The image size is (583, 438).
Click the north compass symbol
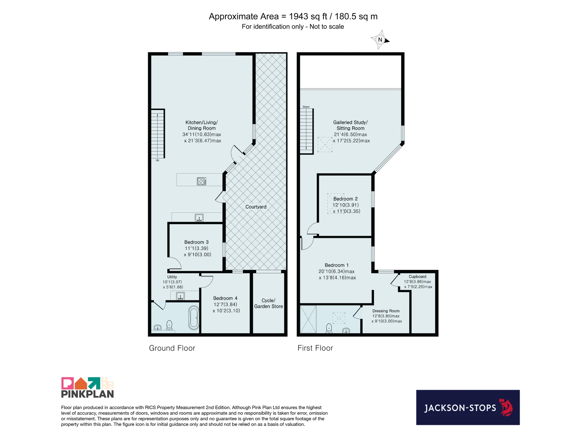click(x=380, y=40)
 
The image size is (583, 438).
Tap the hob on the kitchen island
click(x=201, y=181)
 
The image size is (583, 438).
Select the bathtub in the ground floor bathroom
click(x=194, y=318)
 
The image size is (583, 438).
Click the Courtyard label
click(x=256, y=207)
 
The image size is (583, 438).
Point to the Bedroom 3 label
click(x=196, y=242)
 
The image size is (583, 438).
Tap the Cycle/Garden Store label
click(x=268, y=303)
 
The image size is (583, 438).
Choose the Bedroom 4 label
click(x=225, y=298)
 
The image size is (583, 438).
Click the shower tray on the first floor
click(x=308, y=319)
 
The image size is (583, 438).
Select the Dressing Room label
click(x=386, y=311)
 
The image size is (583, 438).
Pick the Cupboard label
click(x=417, y=277)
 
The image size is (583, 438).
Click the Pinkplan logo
click(x=87, y=388)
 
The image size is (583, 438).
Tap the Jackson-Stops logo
click(x=468, y=407)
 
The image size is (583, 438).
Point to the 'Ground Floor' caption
click(x=172, y=348)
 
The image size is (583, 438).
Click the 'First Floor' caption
click(x=315, y=348)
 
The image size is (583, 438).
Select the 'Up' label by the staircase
click(x=157, y=160)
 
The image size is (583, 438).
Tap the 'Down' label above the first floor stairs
click(x=306, y=107)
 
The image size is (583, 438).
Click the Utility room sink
click(x=180, y=296)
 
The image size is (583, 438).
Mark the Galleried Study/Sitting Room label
click(x=350, y=125)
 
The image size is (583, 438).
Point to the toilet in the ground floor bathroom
click(x=169, y=325)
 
